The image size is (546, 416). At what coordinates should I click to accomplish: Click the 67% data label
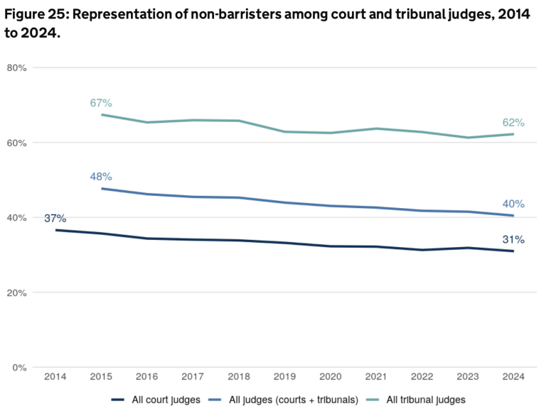102,103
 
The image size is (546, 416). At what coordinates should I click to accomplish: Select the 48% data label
102,177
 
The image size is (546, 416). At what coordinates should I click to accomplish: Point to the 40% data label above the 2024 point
513,204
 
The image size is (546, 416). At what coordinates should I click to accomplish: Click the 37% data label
55,218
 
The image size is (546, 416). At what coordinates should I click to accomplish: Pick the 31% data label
513,239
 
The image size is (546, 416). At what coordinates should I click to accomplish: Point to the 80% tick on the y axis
16,68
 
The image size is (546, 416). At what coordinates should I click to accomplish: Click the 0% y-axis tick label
19,367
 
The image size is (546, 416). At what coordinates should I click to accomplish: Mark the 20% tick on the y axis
16,292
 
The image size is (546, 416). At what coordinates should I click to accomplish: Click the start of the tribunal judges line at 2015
102,114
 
